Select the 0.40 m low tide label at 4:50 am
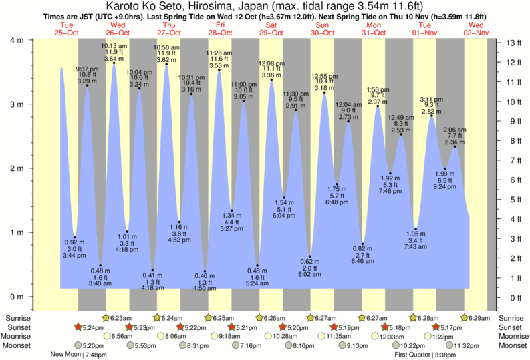(x=205, y=282)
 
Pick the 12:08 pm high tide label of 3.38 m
(x=271, y=69)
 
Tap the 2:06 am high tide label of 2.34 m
(x=454, y=136)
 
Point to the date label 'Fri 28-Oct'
(x=220, y=29)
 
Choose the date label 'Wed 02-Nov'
(x=479, y=29)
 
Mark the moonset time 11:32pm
(x=468, y=345)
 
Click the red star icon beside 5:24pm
(x=78, y=327)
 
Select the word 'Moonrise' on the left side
(x=19, y=337)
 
